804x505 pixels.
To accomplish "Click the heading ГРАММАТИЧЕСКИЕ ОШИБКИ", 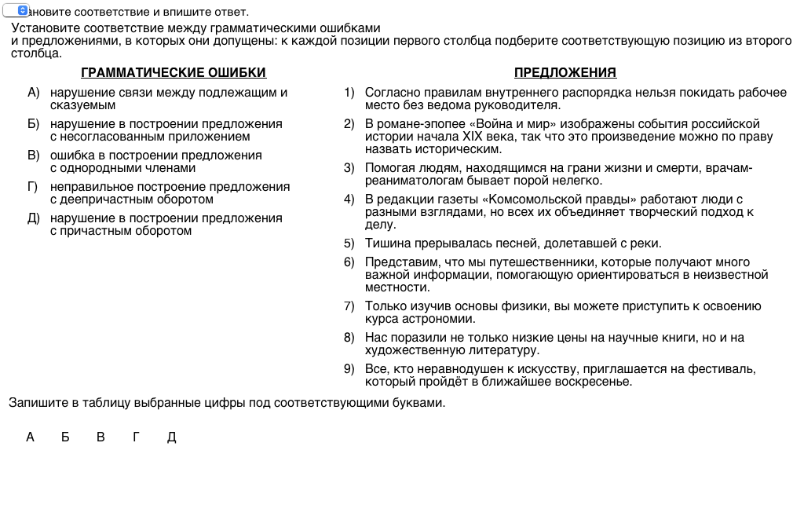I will tap(174, 73).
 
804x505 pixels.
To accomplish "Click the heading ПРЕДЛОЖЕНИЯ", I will tap(565, 73).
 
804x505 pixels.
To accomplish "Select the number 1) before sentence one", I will tap(349, 93).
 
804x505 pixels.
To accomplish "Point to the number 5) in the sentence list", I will tap(349, 243).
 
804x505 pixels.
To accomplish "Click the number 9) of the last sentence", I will tap(349, 369).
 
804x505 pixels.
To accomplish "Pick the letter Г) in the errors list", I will tap(33, 187).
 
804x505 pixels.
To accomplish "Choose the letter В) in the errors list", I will tap(33, 156).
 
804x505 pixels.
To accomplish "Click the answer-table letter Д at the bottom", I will tap(172, 437).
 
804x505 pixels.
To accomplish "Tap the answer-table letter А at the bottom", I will tap(31, 437).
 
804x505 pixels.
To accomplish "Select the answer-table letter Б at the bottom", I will tap(65, 437).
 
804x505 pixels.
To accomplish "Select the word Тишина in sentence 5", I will tap(385, 243).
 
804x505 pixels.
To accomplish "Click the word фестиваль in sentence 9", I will tap(725, 369).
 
